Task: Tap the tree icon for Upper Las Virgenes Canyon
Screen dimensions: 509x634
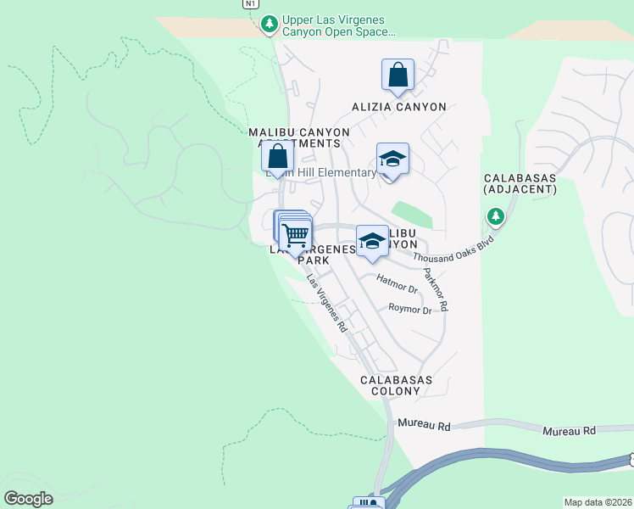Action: tap(270, 24)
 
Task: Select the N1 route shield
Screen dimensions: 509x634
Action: tap(249, 3)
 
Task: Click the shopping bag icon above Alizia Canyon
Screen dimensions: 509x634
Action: tap(398, 76)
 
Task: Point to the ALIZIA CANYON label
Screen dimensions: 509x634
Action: tap(399, 107)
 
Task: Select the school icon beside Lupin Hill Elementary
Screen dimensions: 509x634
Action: tap(392, 159)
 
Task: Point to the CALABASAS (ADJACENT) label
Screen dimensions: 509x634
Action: tap(520, 184)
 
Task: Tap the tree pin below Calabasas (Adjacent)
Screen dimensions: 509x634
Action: tap(496, 217)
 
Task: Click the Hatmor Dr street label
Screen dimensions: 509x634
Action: tap(397, 284)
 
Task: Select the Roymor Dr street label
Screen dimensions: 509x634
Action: tap(410, 310)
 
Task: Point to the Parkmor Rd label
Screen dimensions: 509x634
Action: tap(435, 288)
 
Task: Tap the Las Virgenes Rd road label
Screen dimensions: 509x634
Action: tap(327, 303)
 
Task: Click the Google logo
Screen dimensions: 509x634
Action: tap(28, 499)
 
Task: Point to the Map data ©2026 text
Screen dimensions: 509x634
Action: tap(598, 502)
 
